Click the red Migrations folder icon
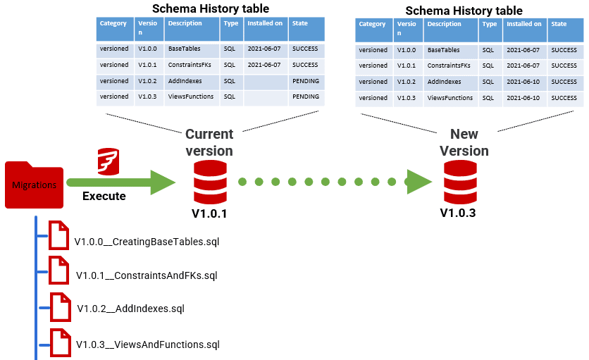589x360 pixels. pyautogui.click(x=34, y=185)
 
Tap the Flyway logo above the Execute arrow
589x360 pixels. pyautogui.click(x=108, y=161)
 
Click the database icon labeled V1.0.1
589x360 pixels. pyautogui.click(x=209, y=182)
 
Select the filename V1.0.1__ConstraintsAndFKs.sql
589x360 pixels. pyautogui.click(x=147, y=275)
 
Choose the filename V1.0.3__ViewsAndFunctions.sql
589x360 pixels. pyautogui.click(x=147, y=345)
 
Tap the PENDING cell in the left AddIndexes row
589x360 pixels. pyautogui.click(x=306, y=81)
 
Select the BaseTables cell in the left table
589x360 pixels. pyautogui.click(x=184, y=49)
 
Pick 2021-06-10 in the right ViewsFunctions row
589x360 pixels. pyautogui.click(x=523, y=98)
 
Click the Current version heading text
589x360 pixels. pyautogui.click(x=209, y=142)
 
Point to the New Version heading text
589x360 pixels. pyautogui.click(x=464, y=142)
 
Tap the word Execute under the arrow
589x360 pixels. pyautogui.click(x=104, y=196)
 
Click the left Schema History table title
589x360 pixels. pyautogui.click(x=211, y=8)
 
